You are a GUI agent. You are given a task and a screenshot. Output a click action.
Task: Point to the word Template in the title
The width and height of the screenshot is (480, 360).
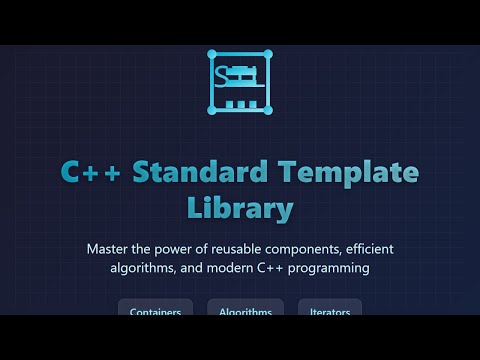point(349,173)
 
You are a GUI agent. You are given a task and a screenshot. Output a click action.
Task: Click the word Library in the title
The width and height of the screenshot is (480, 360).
point(240,208)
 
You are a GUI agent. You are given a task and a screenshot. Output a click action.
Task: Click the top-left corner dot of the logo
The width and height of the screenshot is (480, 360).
point(210,52)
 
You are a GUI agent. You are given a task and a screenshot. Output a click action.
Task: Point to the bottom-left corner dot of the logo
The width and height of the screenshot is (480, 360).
point(210,111)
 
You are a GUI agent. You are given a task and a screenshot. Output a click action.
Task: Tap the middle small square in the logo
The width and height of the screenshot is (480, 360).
point(240,103)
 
